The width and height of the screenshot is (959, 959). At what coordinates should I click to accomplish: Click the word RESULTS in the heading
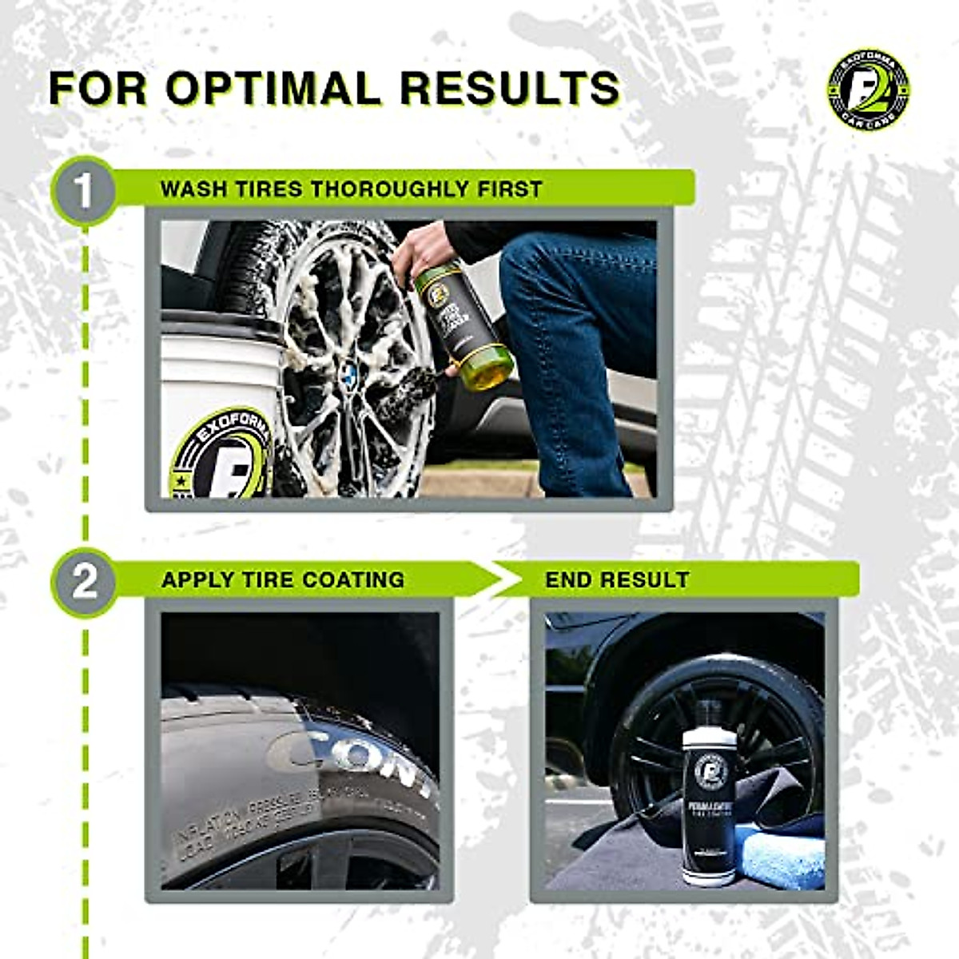click(509, 88)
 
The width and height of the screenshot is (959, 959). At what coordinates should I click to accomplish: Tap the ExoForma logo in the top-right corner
click(868, 90)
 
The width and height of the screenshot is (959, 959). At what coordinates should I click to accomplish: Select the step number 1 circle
click(84, 191)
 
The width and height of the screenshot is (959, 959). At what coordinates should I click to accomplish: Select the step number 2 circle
click(84, 581)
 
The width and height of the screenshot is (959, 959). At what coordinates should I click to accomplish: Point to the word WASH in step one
click(193, 189)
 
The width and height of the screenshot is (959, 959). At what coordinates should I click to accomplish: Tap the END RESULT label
click(617, 579)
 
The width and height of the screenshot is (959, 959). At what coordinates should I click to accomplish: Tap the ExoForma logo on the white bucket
click(222, 456)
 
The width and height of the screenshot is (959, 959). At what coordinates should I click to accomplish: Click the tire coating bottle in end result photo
click(708, 799)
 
